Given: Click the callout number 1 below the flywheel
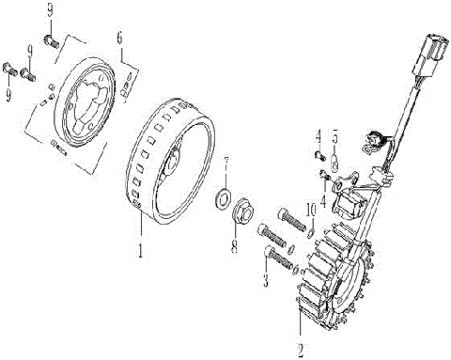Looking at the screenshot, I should click(141, 252).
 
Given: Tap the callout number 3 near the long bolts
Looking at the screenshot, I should click(267, 281).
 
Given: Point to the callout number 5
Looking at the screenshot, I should click(335, 135).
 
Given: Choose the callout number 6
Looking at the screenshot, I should click(118, 37).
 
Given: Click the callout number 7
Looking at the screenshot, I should click(225, 162).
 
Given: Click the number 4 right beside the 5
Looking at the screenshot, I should click(319, 135).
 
